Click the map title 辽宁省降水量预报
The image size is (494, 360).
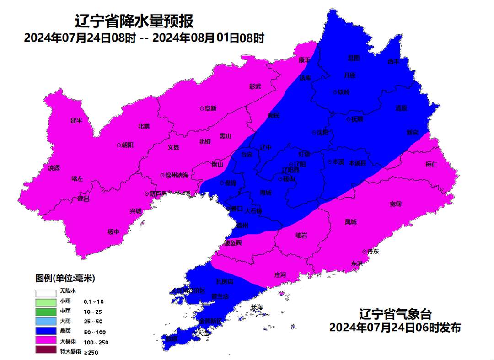(x=134, y=21)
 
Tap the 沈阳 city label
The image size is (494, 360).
(x=322, y=133)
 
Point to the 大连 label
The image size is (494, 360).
(x=203, y=333)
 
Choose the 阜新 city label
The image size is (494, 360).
(x=210, y=108)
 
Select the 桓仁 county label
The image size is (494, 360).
(x=431, y=165)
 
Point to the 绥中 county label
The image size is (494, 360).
(x=113, y=232)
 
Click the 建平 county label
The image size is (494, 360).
(x=76, y=120)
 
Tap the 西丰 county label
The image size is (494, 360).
(x=393, y=61)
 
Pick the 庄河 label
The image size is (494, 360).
(x=280, y=275)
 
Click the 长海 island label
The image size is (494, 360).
(x=257, y=307)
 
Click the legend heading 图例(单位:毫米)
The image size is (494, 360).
(x=65, y=278)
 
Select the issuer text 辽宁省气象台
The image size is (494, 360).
(x=395, y=314)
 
